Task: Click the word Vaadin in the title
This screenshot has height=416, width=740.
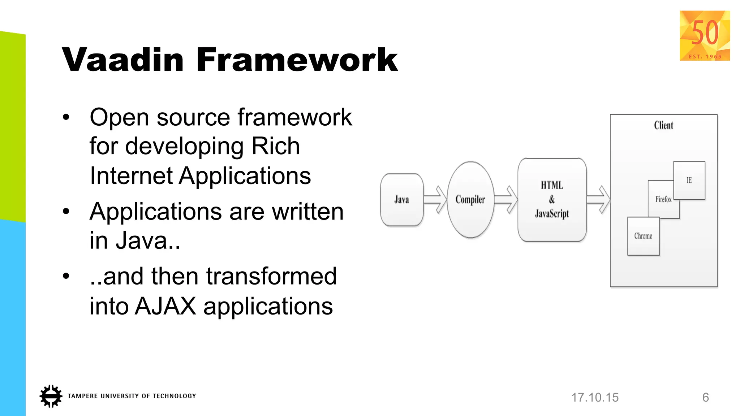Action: pyautogui.click(x=123, y=60)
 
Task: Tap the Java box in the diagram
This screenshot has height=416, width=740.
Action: pyautogui.click(x=401, y=200)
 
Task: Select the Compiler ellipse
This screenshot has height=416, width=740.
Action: pyautogui.click(x=470, y=200)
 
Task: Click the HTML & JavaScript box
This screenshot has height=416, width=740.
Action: pyautogui.click(x=552, y=200)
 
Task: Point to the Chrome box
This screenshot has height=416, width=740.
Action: pyautogui.click(x=643, y=236)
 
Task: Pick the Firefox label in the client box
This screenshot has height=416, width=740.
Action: pyautogui.click(x=663, y=199)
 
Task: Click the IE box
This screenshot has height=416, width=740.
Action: pyautogui.click(x=689, y=180)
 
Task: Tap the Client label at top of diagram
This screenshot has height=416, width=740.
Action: pyautogui.click(x=663, y=125)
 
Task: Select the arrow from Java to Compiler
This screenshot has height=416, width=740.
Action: pyautogui.click(x=435, y=200)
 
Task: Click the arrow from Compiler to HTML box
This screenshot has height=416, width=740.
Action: pyautogui.click(x=506, y=200)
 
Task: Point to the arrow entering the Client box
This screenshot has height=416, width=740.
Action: pyautogui.click(x=598, y=200)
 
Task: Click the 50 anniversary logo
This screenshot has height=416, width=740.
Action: pyautogui.click(x=705, y=35)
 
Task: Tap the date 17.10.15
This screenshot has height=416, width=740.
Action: pyautogui.click(x=595, y=397)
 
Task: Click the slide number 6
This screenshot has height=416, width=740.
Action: pyautogui.click(x=705, y=397)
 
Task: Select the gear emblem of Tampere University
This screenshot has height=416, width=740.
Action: pyautogui.click(x=51, y=396)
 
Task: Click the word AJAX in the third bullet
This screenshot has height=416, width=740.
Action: pyautogui.click(x=166, y=306)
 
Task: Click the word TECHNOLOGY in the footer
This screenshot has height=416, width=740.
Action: pyautogui.click(x=174, y=396)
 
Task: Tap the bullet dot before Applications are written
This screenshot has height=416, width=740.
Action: pyautogui.click(x=66, y=212)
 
